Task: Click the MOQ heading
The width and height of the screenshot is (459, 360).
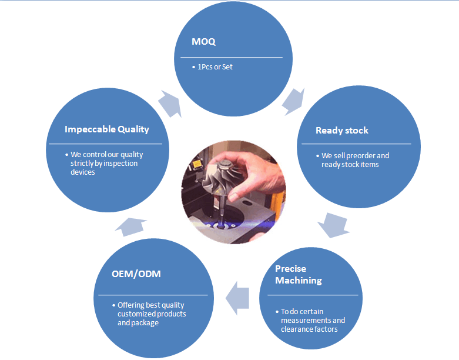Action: pyautogui.click(x=203, y=42)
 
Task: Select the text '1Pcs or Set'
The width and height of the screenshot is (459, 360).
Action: pyautogui.click(x=215, y=67)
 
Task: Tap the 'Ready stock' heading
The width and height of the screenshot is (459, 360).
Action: pyautogui.click(x=342, y=131)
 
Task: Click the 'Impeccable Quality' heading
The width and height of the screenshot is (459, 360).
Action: pyautogui.click(x=107, y=129)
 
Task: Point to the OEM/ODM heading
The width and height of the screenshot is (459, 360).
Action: pyautogui.click(x=136, y=274)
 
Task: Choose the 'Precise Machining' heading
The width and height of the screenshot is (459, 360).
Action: pyautogui.click(x=299, y=275)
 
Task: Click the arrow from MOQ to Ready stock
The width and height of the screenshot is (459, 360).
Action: pyautogui.click(x=294, y=101)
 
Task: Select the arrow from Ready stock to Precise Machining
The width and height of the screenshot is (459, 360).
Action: pyautogui.click(x=334, y=225)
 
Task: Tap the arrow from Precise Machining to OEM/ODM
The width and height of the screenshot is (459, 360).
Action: pyautogui.click(x=237, y=298)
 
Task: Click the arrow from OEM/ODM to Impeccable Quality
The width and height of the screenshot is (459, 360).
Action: pyautogui.click(x=131, y=226)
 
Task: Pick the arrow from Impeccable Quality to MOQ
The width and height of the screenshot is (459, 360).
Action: pyautogui.click(x=170, y=104)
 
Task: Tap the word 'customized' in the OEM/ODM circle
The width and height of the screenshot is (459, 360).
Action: pyautogui.click(x=134, y=314)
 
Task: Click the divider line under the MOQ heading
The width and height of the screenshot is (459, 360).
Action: pyautogui.click(x=232, y=58)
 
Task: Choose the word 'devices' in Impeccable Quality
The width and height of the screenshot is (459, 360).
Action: pyautogui.click(x=83, y=172)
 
